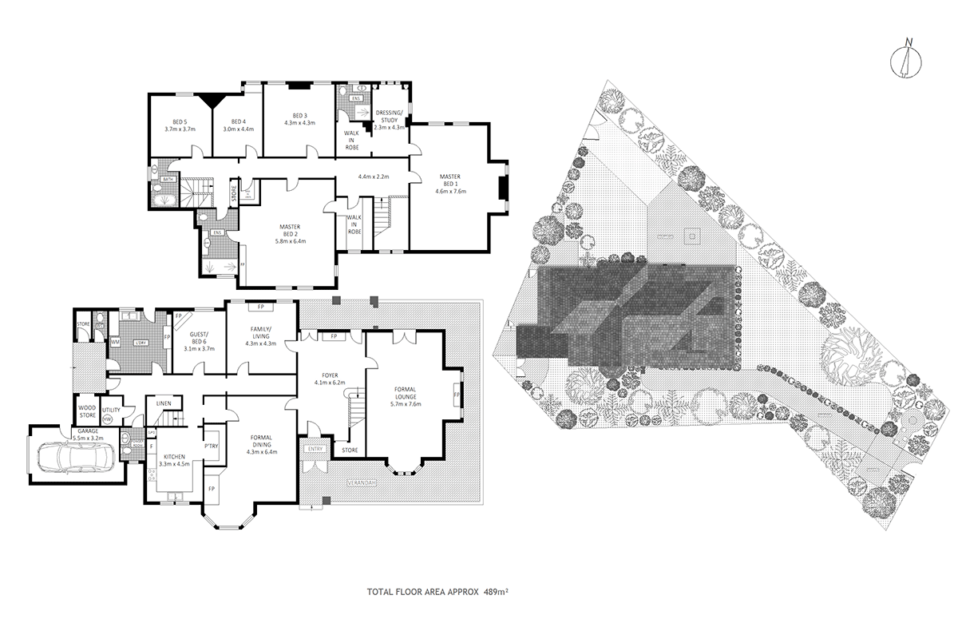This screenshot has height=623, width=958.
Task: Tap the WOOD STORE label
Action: pos(87,411)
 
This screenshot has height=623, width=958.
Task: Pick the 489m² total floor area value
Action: pos(497,592)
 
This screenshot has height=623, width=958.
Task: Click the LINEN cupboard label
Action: pos(164,403)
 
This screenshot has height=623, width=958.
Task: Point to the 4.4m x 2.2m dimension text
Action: pos(373,177)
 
